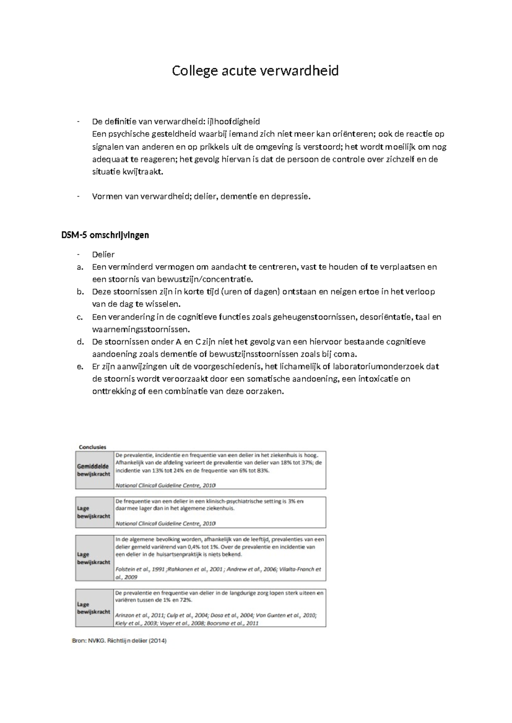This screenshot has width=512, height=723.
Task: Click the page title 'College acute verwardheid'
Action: point(255,71)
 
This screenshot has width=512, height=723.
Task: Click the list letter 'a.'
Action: point(80,267)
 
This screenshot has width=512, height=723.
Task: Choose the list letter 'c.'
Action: point(80,317)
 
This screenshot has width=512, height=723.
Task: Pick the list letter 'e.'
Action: point(80,367)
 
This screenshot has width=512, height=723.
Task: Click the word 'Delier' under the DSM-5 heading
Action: point(103,254)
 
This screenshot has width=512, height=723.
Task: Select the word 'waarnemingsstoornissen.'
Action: point(141,330)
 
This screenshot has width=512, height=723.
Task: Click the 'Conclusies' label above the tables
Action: point(93,447)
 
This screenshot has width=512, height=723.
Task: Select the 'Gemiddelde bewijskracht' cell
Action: point(93,470)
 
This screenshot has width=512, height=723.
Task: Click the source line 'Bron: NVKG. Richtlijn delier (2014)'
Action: point(119,641)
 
